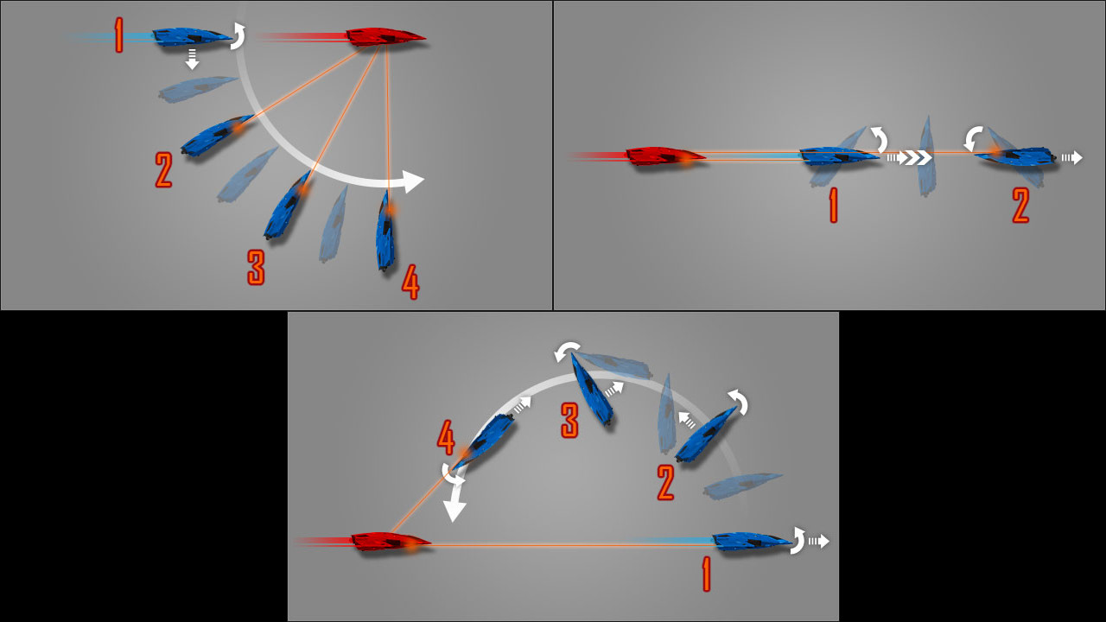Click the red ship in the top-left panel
coord(386,37)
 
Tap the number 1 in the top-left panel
coord(118,35)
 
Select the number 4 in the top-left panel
coord(410,282)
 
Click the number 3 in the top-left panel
coord(257,267)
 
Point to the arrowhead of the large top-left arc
coord(414,181)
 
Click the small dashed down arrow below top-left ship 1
coord(192,58)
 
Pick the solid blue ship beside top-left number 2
coord(217,136)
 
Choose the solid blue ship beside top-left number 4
coord(385,231)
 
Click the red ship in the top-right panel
coord(665,155)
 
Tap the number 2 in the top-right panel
coord(1020,206)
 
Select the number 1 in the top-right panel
coord(834,206)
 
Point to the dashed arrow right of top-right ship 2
coord(1071,157)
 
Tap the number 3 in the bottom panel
coord(569,420)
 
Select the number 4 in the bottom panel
coord(446,437)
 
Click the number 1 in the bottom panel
coord(707,574)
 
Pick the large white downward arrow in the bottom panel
coord(455,498)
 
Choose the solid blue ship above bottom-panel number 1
coord(753,542)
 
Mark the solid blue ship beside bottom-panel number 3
coord(592,390)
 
